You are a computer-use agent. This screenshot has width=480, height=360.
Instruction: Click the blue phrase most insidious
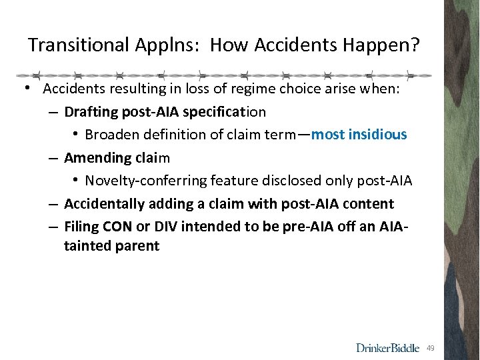point(359,135)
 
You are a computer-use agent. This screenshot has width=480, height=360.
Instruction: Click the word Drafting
point(91,111)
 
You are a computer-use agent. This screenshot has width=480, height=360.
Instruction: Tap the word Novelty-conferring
point(146,181)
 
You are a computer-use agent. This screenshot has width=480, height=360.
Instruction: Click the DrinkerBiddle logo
point(387,347)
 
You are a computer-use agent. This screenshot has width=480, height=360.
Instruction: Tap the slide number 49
point(431,348)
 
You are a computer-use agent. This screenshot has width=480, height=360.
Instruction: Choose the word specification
point(227,111)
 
